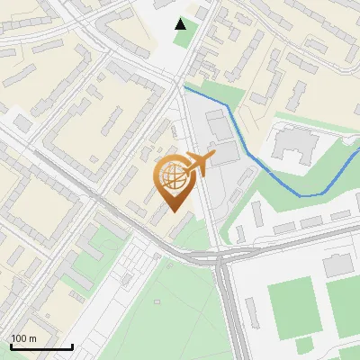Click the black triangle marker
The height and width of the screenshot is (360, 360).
[182, 24]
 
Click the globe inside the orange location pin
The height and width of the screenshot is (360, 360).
[172, 176]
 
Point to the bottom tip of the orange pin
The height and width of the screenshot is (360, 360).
[173, 211]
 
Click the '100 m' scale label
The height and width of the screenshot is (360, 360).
[24, 338]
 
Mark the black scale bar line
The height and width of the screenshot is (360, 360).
[41, 347]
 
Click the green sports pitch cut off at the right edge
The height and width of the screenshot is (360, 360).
[344, 306]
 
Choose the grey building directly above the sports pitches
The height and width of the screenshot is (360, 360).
[338, 265]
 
